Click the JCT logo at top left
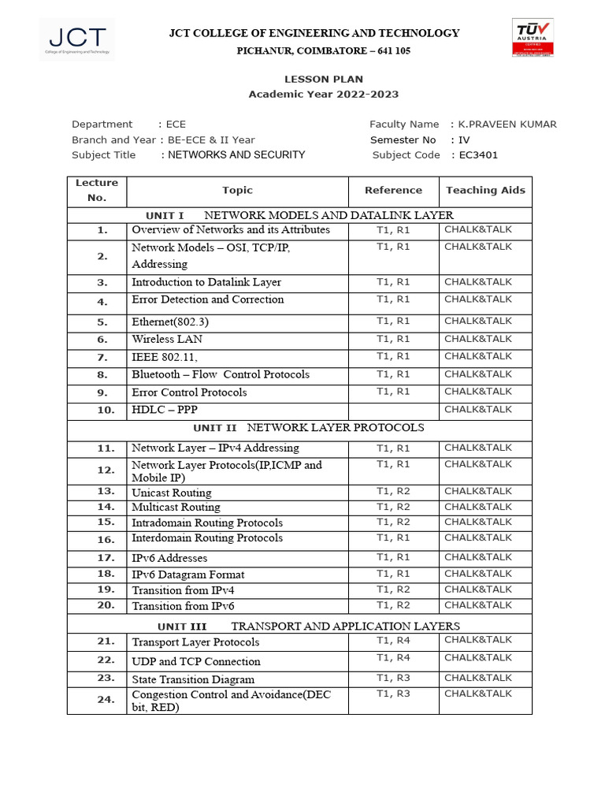pos(76,39)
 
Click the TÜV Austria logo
pos(533,37)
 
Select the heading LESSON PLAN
pos(324,79)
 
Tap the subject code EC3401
pos(479,155)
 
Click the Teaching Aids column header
pos(485,190)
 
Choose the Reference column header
pos(393,190)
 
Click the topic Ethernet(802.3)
pos(170,322)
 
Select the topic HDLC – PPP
pos(165,410)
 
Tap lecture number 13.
pos(106,491)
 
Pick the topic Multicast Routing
pos(176,507)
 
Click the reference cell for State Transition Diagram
pos(393,678)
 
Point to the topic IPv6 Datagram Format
pos(187,575)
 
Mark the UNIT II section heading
pos(308,428)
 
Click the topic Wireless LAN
pos(167,339)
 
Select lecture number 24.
pos(106,699)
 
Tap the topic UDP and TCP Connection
pos(195,661)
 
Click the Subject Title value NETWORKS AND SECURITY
pos(236,155)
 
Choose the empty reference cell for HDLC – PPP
pos(393,410)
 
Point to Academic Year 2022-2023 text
pos(324,95)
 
